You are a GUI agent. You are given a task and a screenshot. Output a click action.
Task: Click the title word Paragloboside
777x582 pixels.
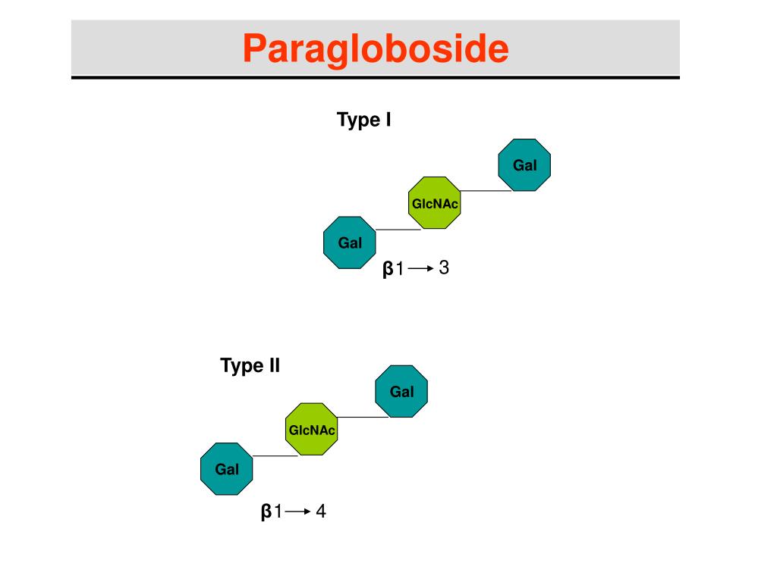pyautogui.click(x=376, y=48)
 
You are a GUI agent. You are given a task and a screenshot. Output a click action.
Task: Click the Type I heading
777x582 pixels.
pyautogui.click(x=364, y=120)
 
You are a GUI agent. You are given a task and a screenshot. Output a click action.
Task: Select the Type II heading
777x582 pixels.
pyautogui.click(x=250, y=366)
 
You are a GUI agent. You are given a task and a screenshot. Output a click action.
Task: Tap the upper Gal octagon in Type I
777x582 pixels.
pyautogui.click(x=524, y=164)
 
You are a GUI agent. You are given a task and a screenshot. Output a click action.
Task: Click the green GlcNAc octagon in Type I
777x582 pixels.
pyautogui.click(x=435, y=203)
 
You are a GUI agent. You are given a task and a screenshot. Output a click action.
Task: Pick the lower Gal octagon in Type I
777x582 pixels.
pyautogui.click(x=350, y=242)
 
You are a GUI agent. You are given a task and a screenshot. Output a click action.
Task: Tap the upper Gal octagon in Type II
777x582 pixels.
pyautogui.click(x=401, y=391)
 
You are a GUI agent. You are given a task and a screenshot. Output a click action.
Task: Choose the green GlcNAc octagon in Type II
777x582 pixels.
pyautogui.click(x=311, y=430)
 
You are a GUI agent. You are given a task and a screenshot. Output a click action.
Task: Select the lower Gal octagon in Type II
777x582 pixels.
pyautogui.click(x=226, y=469)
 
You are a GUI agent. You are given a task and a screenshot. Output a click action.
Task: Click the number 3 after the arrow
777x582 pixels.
pyautogui.click(x=445, y=268)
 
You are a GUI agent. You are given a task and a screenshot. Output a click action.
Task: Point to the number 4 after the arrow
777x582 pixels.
pyautogui.click(x=321, y=512)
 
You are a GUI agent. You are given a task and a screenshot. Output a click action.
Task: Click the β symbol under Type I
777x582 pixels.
pyautogui.click(x=388, y=269)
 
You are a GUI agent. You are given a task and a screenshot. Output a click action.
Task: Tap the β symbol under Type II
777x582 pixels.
pyautogui.click(x=266, y=513)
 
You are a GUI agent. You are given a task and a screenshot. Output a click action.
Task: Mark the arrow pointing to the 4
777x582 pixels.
pyautogui.click(x=298, y=513)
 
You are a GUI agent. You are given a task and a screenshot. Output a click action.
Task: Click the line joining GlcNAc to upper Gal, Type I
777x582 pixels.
pyautogui.click(x=486, y=191)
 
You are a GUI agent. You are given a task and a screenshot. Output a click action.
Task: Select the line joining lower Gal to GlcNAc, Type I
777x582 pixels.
pyautogui.click(x=398, y=229)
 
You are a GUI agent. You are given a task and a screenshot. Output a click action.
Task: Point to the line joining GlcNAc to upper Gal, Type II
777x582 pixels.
pyautogui.click(x=363, y=418)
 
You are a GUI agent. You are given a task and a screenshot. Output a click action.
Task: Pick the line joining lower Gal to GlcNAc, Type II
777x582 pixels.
pyautogui.click(x=275, y=456)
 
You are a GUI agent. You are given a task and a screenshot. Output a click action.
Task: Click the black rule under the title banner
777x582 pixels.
pyautogui.click(x=376, y=77)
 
